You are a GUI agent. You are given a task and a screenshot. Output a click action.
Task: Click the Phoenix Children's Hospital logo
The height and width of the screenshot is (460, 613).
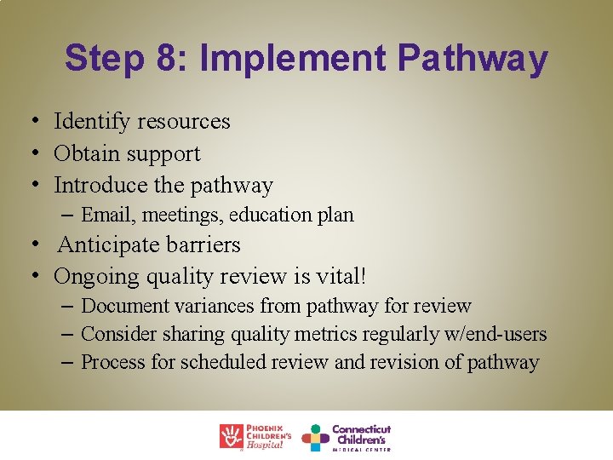pyautogui.click(x=255, y=436)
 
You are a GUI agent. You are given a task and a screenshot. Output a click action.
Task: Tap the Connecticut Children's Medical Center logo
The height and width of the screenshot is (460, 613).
pyautogui.click(x=347, y=436)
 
